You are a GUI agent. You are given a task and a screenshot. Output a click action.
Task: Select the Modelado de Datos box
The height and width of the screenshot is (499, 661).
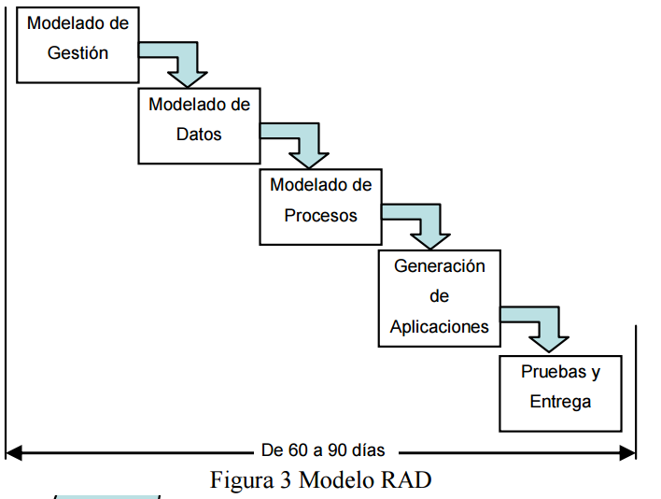199,125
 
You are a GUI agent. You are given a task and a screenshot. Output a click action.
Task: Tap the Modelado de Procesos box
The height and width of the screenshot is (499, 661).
320,205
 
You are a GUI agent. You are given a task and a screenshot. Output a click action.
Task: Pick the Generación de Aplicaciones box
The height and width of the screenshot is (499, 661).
439,296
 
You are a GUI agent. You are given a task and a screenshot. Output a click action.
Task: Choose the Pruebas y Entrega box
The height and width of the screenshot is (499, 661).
560,392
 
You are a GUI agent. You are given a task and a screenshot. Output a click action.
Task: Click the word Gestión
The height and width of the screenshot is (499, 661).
77,53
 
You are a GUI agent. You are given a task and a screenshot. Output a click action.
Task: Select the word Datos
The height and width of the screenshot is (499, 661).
199,135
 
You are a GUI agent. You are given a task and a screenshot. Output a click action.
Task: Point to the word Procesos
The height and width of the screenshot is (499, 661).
320,216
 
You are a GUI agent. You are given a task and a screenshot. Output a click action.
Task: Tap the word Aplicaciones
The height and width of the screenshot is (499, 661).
439,326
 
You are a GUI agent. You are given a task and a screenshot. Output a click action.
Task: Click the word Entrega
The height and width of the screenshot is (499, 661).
560,402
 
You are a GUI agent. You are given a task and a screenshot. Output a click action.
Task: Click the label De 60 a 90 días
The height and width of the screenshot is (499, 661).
322,449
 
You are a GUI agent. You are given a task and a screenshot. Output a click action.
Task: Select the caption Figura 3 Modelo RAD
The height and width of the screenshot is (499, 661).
321,480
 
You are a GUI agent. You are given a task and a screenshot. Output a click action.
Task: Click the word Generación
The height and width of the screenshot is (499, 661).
439,266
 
